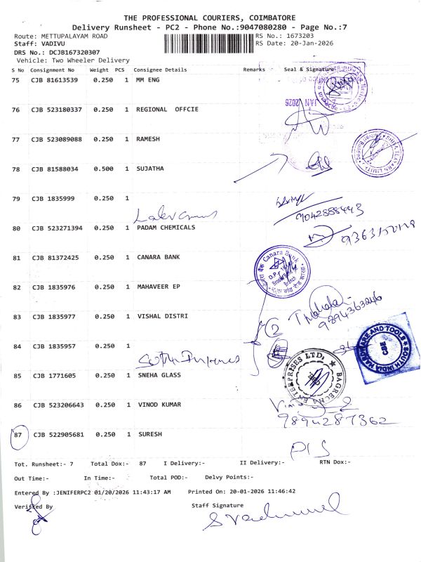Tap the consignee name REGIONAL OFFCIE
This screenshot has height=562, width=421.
[167, 110]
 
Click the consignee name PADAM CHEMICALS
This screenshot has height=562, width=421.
[165, 228]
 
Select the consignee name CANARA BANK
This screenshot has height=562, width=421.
[158, 257]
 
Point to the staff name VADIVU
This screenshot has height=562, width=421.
[51, 44]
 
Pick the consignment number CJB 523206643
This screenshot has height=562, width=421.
[57, 405]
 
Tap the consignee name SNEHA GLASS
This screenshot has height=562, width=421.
[158, 375]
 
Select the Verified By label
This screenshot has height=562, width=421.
[33, 506]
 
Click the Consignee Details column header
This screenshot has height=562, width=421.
[160, 70]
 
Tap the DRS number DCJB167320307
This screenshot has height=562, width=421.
[64, 52]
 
